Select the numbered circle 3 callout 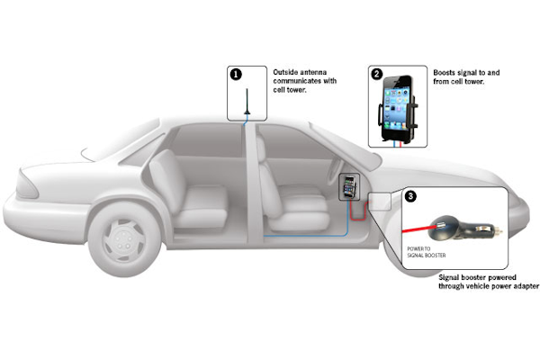pos(411,195)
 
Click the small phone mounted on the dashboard pos(349,189)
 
